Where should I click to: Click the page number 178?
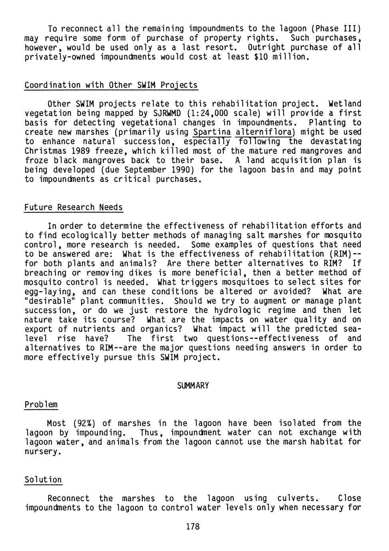click(193, 527)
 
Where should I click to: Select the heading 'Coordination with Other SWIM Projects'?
click(111, 85)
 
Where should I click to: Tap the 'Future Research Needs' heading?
click(73, 208)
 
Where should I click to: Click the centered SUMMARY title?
click(193, 386)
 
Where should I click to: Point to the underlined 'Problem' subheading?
click(41, 404)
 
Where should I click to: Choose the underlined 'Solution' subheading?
click(43, 480)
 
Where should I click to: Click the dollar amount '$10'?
click(261, 57)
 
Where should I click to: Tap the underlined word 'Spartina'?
click(212, 132)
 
